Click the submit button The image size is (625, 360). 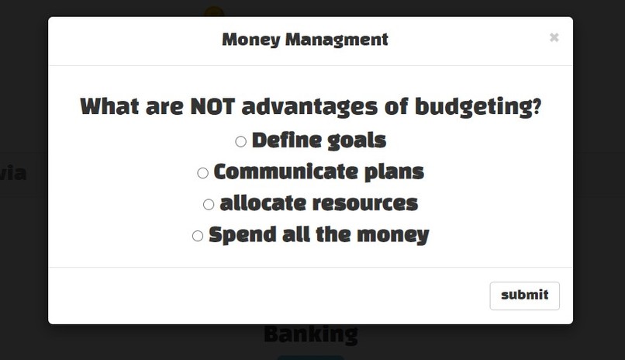524,295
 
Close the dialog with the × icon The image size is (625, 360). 554,37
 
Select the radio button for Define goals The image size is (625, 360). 240,141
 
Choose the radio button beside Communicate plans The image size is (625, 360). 202,173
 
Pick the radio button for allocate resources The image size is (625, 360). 208,205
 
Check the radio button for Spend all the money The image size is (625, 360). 197,236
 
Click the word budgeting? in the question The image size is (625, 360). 478,106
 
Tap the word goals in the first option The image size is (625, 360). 356,140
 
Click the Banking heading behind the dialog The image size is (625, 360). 310,334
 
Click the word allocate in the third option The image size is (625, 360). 262,203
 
